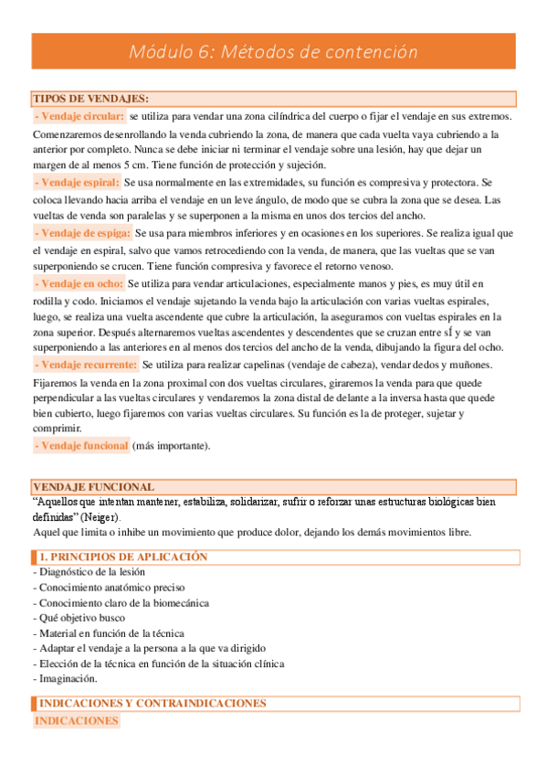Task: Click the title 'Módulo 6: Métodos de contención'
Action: (x=274, y=52)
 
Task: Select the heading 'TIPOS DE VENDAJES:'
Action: (x=91, y=99)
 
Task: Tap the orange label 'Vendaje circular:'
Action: (x=79, y=116)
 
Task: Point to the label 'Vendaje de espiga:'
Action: (x=81, y=233)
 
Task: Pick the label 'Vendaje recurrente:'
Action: (x=85, y=366)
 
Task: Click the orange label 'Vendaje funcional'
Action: (x=80, y=446)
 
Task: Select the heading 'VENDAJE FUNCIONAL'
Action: (x=93, y=487)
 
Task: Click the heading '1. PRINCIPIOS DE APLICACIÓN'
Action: (x=124, y=557)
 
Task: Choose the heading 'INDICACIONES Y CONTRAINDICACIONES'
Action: (x=153, y=704)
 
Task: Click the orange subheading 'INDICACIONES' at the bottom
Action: (x=77, y=721)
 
